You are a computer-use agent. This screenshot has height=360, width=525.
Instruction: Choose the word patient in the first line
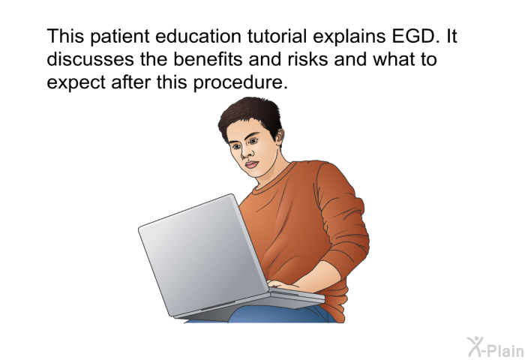coord(119,37)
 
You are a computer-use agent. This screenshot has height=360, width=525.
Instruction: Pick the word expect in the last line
coord(76,83)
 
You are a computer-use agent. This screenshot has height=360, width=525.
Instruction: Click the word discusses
coord(91,59)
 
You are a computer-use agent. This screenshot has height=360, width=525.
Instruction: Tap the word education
coord(198,36)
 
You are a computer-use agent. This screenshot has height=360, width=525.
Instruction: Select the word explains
coord(349,37)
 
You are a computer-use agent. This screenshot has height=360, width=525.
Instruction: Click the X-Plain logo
coord(496,347)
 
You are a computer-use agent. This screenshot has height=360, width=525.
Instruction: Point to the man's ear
coord(278,134)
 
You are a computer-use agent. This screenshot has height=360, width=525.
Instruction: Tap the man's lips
coord(251,164)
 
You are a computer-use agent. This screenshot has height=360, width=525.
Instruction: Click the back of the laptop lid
coord(203,254)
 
